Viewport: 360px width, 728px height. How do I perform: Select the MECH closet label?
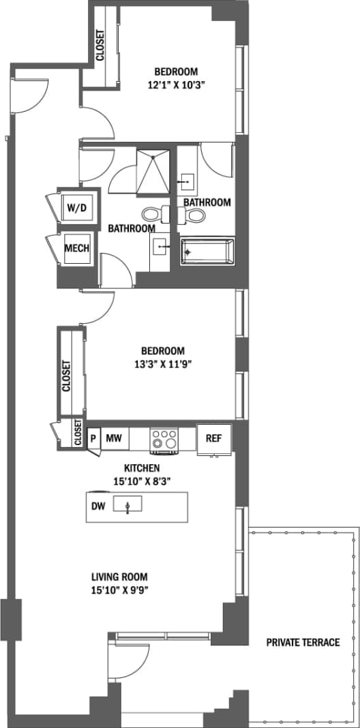(76, 248)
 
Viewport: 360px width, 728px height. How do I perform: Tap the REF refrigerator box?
(214, 438)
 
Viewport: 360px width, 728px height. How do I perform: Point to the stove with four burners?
(164, 440)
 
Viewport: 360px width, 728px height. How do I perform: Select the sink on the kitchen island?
(127, 505)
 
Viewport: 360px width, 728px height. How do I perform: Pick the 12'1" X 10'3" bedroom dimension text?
(176, 85)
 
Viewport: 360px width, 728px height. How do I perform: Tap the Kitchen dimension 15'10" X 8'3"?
(142, 480)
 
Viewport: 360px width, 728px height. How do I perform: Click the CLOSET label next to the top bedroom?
(101, 45)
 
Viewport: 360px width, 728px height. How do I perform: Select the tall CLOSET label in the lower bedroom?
(67, 376)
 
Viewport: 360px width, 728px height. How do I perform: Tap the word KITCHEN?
(142, 468)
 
